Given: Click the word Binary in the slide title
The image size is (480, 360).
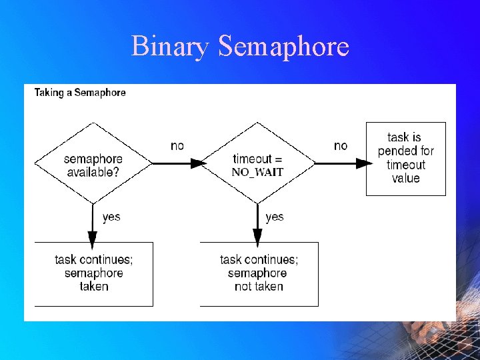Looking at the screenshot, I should tap(171, 47).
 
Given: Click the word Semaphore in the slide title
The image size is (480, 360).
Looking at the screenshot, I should tap(283, 47).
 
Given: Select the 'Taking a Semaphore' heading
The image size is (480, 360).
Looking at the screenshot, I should tap(80, 93).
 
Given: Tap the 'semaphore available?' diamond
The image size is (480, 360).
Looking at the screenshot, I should tap(93, 163).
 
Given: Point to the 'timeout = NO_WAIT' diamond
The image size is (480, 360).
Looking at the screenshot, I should tap(257, 163).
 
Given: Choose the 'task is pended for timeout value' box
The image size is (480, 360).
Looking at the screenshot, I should tap(405, 158).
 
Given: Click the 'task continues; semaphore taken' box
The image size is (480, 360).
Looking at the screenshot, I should tap(93, 273).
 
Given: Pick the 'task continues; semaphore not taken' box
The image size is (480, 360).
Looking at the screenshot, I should tap(259, 273).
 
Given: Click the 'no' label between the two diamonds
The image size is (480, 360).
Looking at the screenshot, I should tap(177, 146).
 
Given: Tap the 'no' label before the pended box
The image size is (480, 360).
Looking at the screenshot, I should tap(341, 146).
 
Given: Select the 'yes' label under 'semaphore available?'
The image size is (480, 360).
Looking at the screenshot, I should tap(111, 217).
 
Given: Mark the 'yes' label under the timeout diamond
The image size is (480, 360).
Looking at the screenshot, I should tap(274, 217).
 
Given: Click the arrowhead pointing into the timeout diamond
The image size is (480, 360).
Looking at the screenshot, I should tap(197, 163).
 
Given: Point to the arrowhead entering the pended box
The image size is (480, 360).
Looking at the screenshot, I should tap(362, 163).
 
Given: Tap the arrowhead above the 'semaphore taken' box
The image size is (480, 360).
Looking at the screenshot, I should tap(93, 237).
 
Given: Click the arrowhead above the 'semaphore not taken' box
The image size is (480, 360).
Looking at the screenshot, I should tap(257, 237).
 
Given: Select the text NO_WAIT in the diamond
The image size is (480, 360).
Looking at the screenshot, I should tap(257, 172).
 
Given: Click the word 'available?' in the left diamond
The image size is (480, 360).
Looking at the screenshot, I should tap(93, 173).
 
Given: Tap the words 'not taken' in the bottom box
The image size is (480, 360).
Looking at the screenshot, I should tap(259, 287).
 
